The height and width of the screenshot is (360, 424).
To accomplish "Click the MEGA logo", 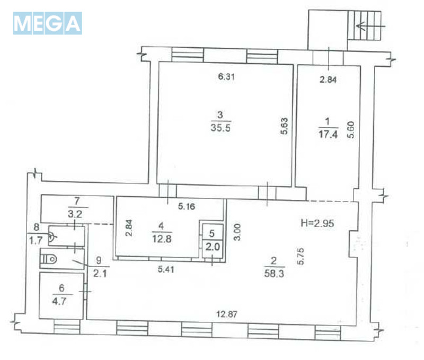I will pyautogui.click(x=47, y=23).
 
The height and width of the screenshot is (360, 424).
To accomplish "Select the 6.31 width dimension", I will pyautogui.click(x=226, y=77).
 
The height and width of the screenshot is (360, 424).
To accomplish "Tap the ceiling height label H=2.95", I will pyautogui.click(x=323, y=223).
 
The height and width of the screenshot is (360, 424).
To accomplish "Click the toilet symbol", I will pyautogui.click(x=51, y=258).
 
